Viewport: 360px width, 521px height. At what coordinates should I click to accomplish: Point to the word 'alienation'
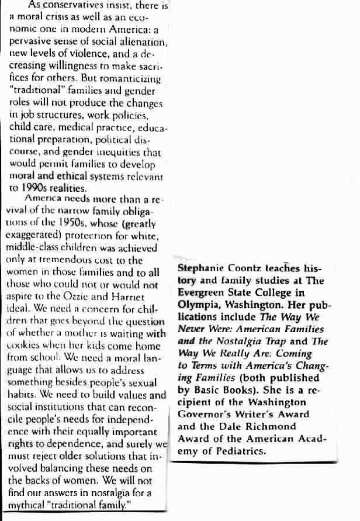143,43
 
